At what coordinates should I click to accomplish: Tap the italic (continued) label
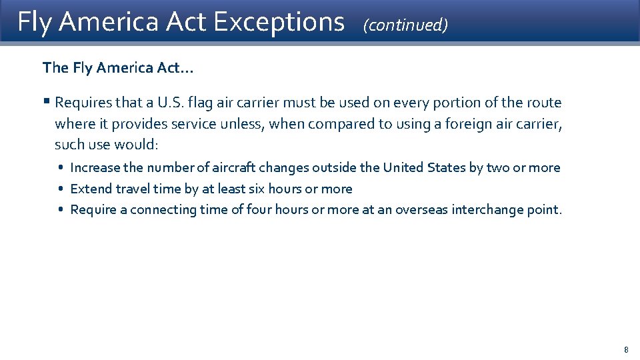tap(405, 25)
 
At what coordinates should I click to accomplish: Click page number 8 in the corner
tap(626, 349)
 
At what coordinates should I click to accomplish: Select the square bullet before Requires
tap(46, 101)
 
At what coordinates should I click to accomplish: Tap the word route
tap(543, 103)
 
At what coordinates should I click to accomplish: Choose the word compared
tap(334, 123)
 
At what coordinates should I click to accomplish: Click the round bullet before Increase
tap(61, 168)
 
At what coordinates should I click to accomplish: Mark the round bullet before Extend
tap(61, 189)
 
